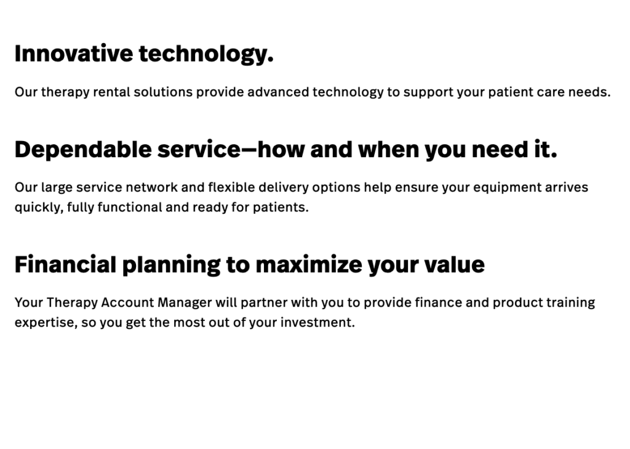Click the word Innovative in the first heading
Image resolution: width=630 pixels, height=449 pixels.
(74, 54)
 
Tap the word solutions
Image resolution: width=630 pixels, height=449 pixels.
(163, 92)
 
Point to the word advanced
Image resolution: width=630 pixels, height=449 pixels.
(279, 92)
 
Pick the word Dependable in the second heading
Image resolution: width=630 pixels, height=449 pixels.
(83, 149)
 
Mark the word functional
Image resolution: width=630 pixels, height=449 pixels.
(130, 207)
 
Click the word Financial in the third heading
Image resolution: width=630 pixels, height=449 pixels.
(65, 264)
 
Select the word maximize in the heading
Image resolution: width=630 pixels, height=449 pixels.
(309, 264)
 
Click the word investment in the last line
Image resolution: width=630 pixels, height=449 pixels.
(318, 323)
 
